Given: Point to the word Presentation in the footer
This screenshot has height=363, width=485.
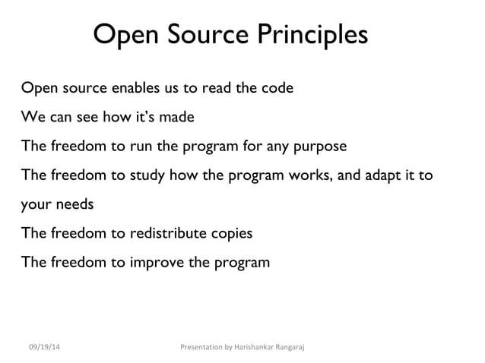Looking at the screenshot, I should coord(200,347).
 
